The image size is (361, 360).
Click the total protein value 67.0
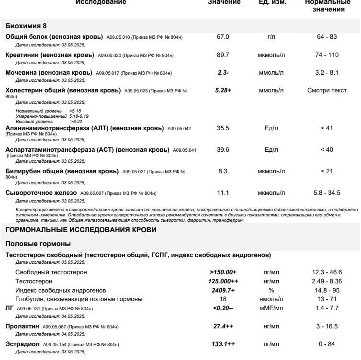click(223, 37)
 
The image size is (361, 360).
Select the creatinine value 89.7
click(223, 55)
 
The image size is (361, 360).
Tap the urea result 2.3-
click(223, 73)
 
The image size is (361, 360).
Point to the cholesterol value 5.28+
click(223, 90)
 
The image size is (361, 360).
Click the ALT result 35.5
click(223, 128)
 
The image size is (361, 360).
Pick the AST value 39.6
click(223, 150)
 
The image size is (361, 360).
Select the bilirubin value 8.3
click(223, 171)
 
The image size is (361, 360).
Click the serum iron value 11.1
click(223, 193)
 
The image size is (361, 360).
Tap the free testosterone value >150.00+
click(223, 272)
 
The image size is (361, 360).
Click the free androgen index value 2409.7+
click(223, 291)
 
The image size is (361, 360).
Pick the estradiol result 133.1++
click(223, 344)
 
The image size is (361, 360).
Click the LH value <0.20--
click(223, 309)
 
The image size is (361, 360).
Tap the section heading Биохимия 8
click(26, 26)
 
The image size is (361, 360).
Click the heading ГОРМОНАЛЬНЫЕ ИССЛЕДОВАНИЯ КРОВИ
click(81, 230)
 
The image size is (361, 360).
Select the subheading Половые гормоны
click(38, 244)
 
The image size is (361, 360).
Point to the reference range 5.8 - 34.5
click(325, 193)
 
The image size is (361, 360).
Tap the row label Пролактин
click(23, 326)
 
